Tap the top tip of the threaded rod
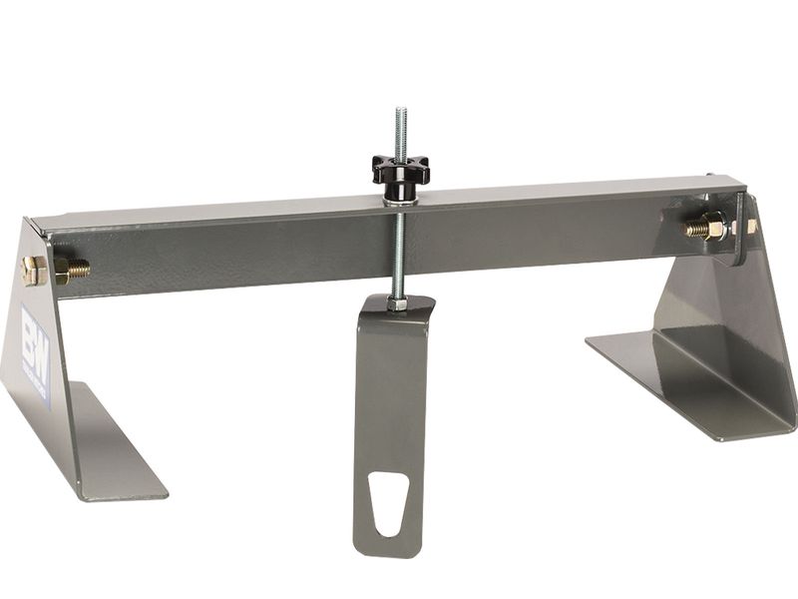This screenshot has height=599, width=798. [x=400, y=111]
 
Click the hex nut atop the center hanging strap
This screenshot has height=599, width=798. [x=398, y=301]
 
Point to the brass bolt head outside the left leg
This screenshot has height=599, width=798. [x=31, y=270]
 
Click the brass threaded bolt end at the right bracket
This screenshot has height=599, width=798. [x=698, y=229]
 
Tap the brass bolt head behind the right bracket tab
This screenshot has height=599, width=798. [x=750, y=227]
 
